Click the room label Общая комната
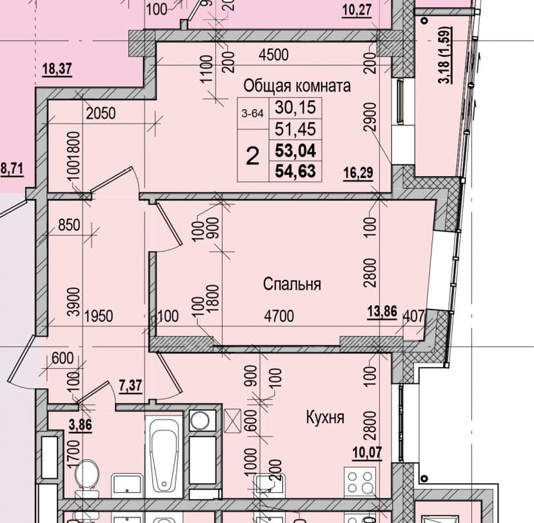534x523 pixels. (297, 86)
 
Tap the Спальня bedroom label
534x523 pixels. (292, 284)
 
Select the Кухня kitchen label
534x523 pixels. (325, 417)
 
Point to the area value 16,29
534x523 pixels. (360, 173)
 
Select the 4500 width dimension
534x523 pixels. (273, 55)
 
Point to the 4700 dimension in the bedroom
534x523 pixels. (279, 316)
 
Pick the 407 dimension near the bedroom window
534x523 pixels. (413, 317)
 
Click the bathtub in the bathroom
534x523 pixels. (164, 453)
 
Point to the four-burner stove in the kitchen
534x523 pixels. (361, 482)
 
